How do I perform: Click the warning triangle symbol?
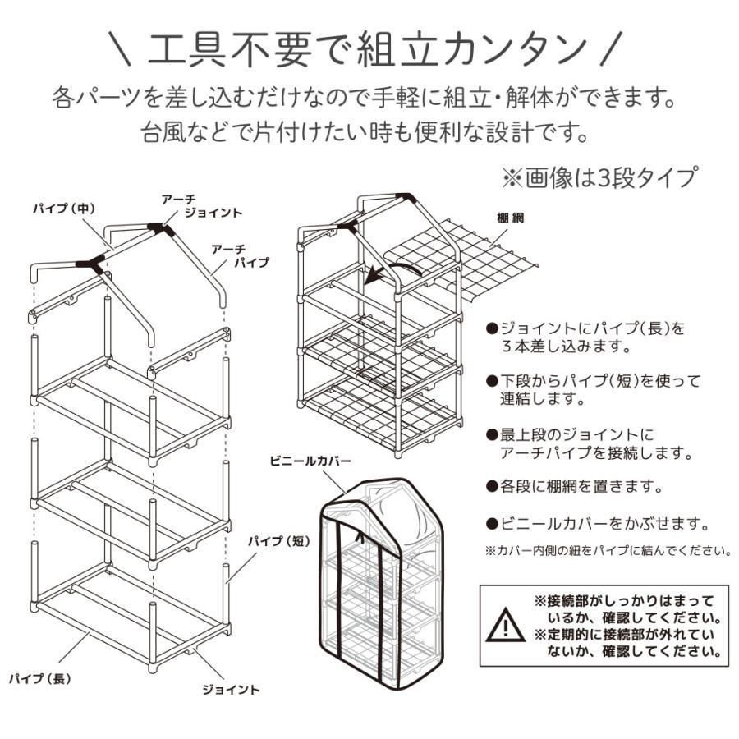[506, 625]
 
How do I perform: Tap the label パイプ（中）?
[64, 208]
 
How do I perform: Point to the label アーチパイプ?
[240, 255]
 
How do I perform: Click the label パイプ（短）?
[279, 541]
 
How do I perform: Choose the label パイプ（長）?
[40, 679]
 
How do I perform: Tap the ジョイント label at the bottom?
[231, 690]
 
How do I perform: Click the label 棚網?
[511, 218]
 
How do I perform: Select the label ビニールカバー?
[310, 461]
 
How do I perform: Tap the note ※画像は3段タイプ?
[599, 177]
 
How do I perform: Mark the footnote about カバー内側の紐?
[608, 550]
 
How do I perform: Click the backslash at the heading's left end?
[120, 48]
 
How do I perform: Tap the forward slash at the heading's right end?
[611, 48]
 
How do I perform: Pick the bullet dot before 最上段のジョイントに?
[492, 434]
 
